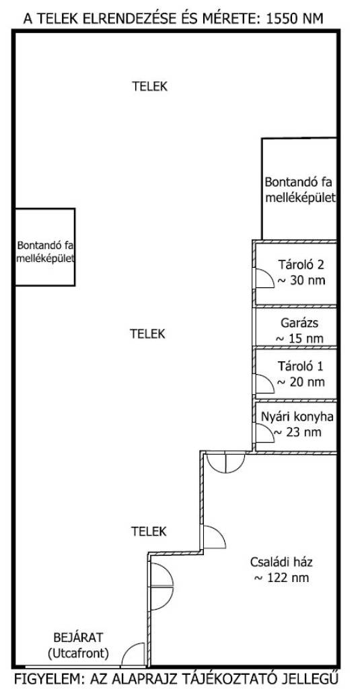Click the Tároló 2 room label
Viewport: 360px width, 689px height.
tap(301, 265)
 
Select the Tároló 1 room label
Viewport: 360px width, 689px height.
tap(301, 366)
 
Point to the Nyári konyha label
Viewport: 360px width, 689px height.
tap(297, 416)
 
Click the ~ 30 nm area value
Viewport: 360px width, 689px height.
tap(301, 280)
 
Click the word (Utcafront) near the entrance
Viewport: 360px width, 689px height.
tap(78, 653)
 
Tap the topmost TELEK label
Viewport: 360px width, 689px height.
tap(150, 87)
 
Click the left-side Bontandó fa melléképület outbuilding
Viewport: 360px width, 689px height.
tap(45, 247)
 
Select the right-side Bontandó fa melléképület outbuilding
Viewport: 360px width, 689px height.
tap(299, 189)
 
